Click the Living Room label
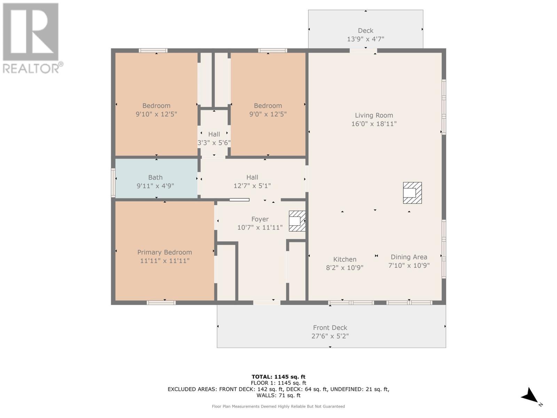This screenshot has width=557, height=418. (374, 115)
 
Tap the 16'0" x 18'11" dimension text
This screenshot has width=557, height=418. (374, 124)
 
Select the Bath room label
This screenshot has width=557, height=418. (155, 177)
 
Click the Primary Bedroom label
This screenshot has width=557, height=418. (164, 252)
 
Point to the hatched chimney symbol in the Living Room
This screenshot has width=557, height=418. (412, 193)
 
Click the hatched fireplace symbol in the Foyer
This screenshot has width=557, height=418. (297, 221)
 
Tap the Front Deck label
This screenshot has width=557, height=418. (330, 327)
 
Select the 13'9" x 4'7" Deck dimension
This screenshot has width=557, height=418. (365, 39)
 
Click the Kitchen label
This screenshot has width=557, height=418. (345, 259)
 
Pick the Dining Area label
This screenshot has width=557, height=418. (409, 257)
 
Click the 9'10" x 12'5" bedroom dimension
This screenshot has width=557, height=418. (156, 114)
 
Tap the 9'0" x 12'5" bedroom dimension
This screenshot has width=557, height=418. (268, 114)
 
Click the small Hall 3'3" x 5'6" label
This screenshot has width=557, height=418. (214, 134)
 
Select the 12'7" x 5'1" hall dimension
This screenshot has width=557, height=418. (252, 186)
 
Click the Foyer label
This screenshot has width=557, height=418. (260, 219)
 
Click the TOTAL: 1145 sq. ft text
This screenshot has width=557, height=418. (278, 377)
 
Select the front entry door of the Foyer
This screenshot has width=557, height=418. (267, 303)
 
